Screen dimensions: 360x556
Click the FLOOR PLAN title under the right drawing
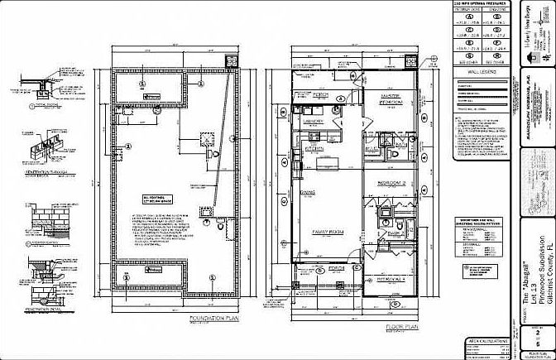pyautogui.click(x=403, y=329)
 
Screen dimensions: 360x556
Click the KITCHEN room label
pyautogui.click(x=315, y=149)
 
